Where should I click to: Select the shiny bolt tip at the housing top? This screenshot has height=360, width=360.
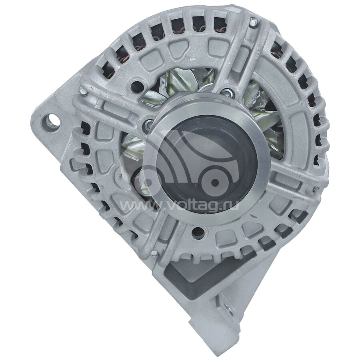click(x=253, y=22)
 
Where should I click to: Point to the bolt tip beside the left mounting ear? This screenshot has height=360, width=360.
click(x=83, y=91)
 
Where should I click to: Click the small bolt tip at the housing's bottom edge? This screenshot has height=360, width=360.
click(x=154, y=254)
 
